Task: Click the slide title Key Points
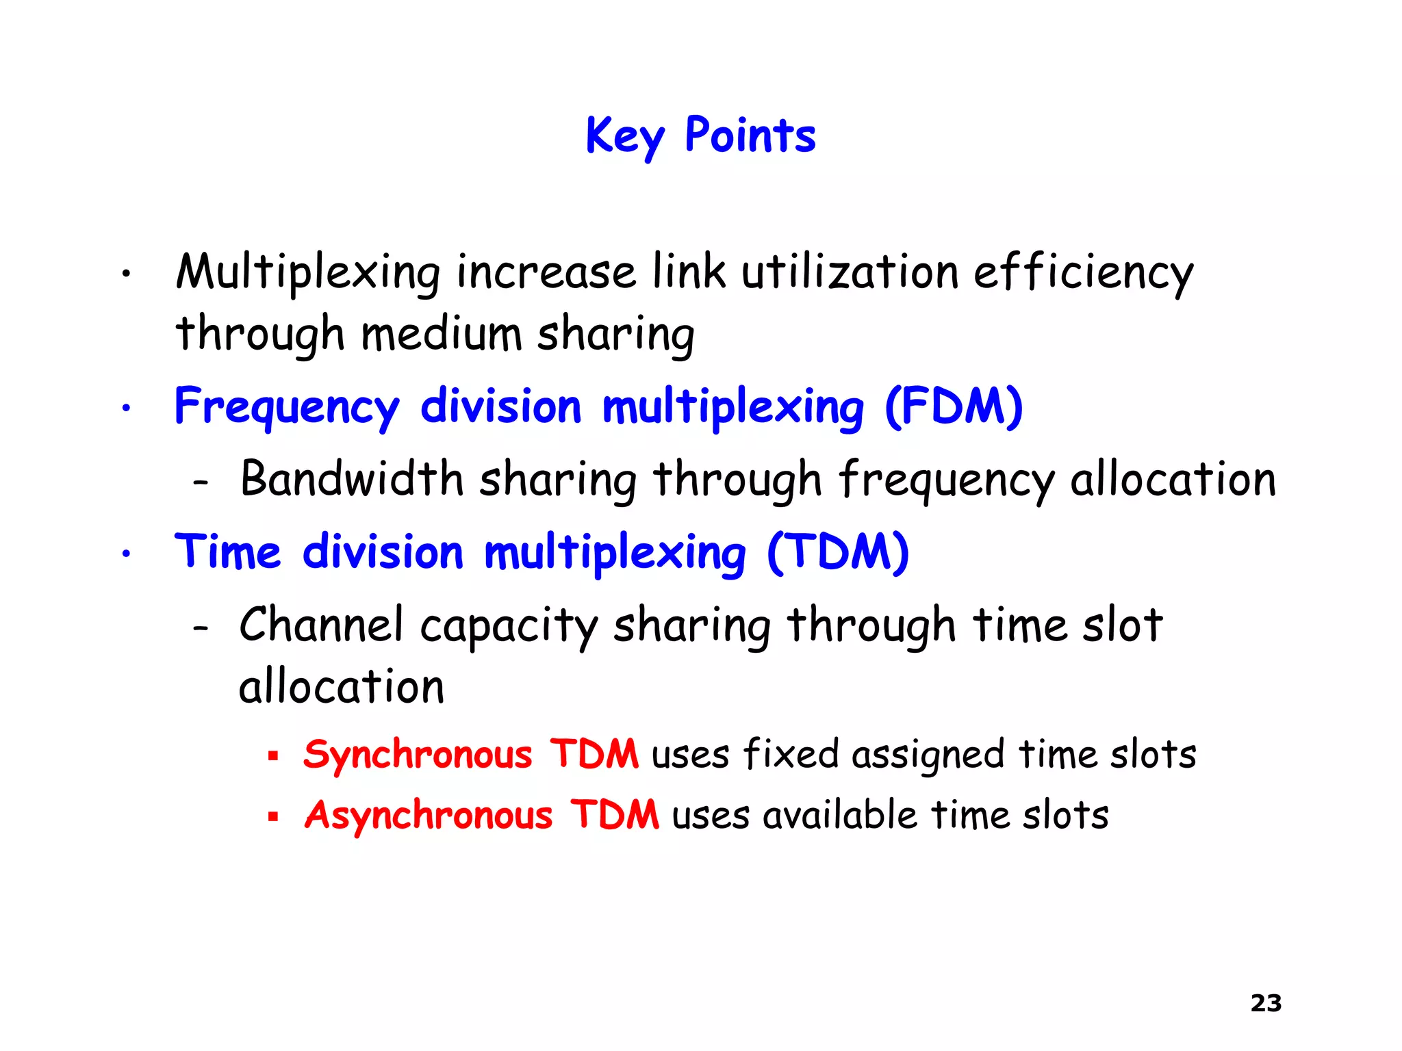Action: [x=700, y=135]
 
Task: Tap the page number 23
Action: [x=1266, y=1003]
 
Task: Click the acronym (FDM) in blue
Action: [x=954, y=406]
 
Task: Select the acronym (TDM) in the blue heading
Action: [x=838, y=552]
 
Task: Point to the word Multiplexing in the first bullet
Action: [x=308, y=272]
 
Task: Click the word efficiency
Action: [x=1083, y=272]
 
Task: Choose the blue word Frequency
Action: [x=287, y=408]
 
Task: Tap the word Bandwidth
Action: [x=352, y=478]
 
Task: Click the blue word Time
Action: [x=227, y=552]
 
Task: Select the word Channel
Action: [x=321, y=625]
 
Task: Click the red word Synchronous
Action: [x=418, y=755]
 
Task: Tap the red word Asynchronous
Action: [x=429, y=816]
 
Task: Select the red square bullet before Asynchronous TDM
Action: [x=273, y=816]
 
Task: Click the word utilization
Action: [x=850, y=272]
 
